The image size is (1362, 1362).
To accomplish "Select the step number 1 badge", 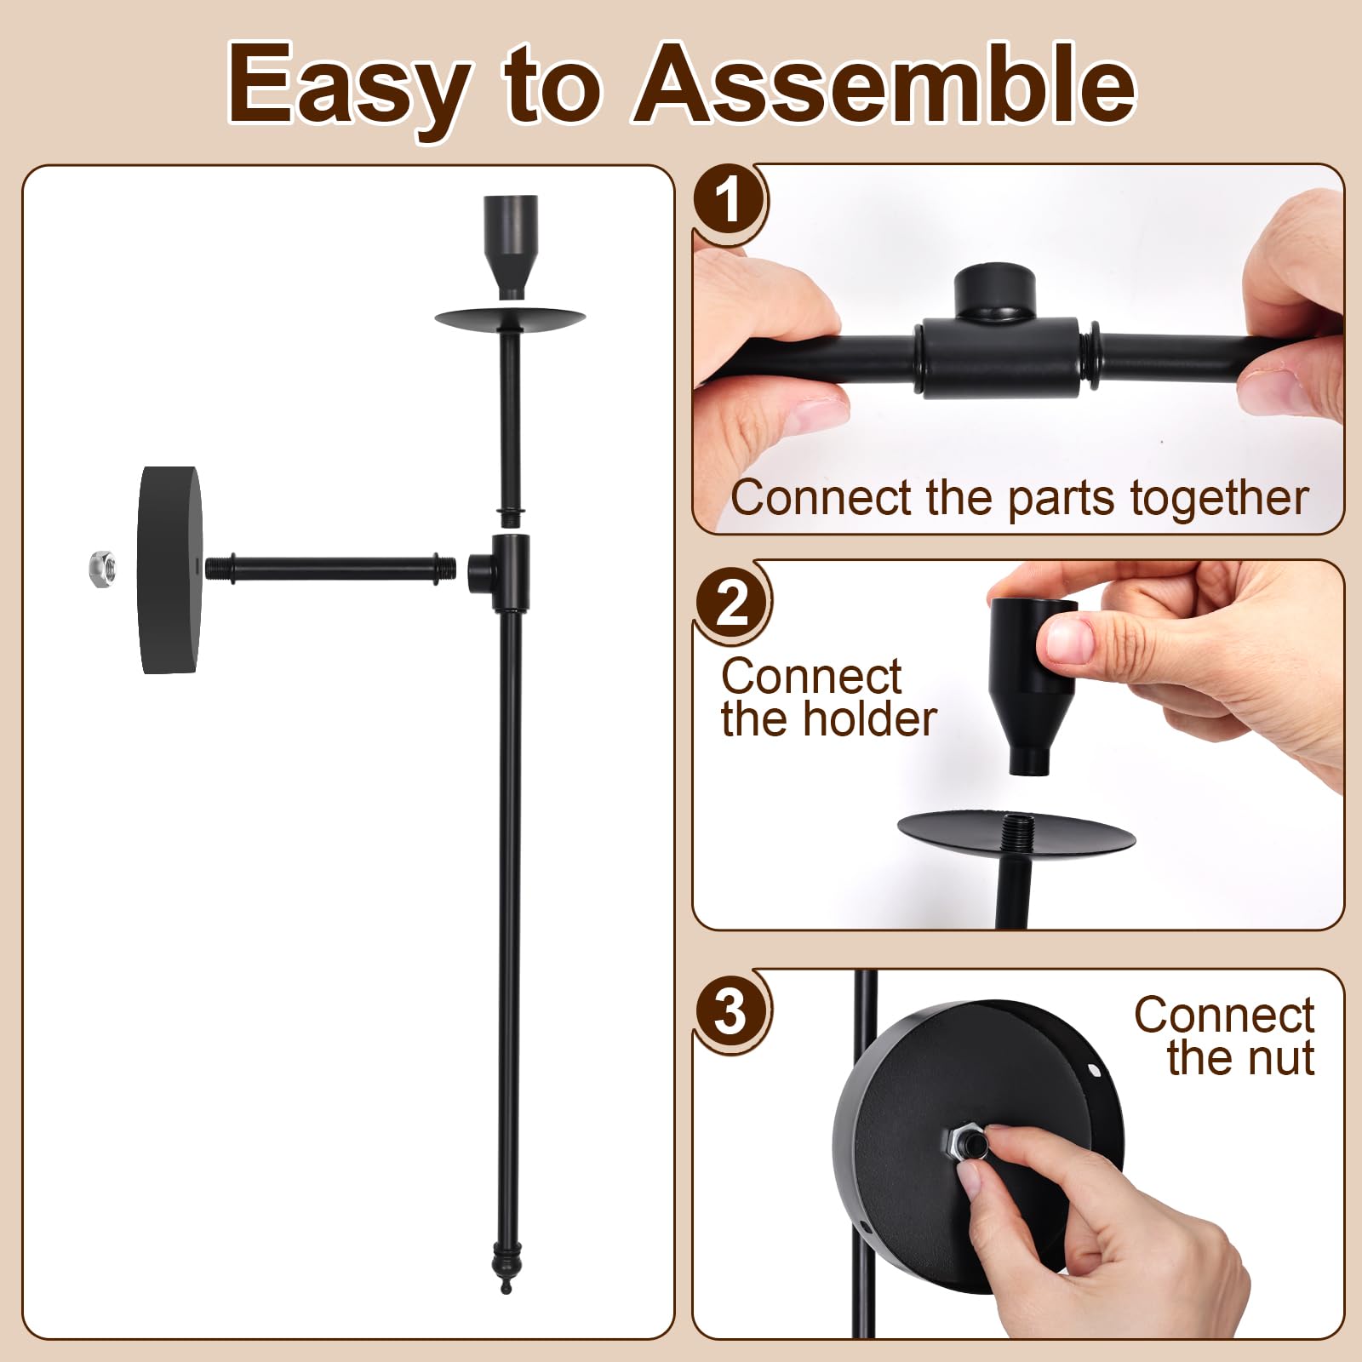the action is pos(728,201).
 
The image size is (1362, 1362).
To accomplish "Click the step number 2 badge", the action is pos(731,604).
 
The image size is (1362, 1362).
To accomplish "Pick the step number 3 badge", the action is pos(731,1012).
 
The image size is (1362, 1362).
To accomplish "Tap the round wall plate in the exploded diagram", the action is pos(171,569).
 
